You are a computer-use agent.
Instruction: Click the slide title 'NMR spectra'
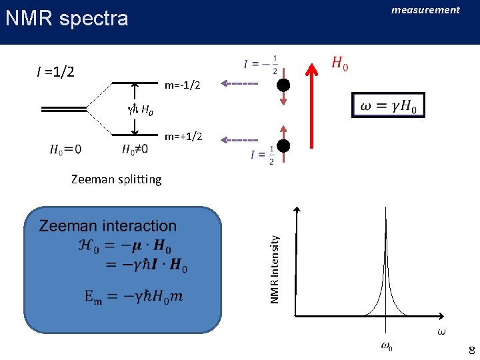(67, 18)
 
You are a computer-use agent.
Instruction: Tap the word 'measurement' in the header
(425, 10)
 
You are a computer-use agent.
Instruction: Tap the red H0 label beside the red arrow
(339, 65)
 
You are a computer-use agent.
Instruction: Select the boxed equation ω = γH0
(388, 106)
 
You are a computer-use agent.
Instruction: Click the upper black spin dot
(283, 85)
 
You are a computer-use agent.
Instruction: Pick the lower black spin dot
(283, 146)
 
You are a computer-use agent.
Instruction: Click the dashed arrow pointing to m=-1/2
(239, 84)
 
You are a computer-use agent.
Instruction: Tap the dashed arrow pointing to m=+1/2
(239, 140)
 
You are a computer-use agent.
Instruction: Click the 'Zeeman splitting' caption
(116, 179)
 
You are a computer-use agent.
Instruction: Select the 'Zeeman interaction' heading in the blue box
(107, 226)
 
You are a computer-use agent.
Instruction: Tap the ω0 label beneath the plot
(387, 346)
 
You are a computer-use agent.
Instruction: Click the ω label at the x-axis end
(441, 331)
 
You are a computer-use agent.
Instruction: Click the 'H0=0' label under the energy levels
(65, 150)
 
